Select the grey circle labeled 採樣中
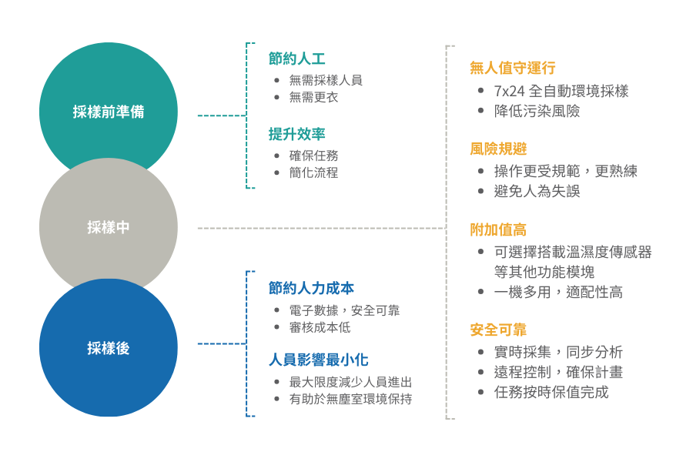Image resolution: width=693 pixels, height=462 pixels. [108, 228]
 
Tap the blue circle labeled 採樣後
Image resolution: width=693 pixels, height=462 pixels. [108, 348]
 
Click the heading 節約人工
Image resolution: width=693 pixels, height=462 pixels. [296, 59]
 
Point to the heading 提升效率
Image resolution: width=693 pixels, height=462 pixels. [296, 134]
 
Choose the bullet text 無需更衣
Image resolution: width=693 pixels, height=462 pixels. [313, 97]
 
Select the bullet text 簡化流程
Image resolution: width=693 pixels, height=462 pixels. [313, 172]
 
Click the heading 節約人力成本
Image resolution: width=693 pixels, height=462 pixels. [311, 288]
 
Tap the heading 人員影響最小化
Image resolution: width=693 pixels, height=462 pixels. [318, 360]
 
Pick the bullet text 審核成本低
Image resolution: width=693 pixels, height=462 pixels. [320, 327]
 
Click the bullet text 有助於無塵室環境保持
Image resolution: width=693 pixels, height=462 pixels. [350, 399]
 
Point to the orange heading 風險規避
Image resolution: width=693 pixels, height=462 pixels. [498, 149]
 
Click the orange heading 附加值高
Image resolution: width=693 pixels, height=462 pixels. [498, 229]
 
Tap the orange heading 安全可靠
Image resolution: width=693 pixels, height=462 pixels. [498, 330]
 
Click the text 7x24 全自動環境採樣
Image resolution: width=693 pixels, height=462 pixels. [561, 91]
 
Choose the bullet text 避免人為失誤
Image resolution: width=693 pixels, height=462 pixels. [537, 191]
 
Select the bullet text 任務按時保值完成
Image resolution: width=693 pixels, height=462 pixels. [551, 392]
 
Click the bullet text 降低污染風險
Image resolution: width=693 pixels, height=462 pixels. [537, 111]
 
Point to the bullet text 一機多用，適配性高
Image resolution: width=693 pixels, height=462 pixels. [558, 292]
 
